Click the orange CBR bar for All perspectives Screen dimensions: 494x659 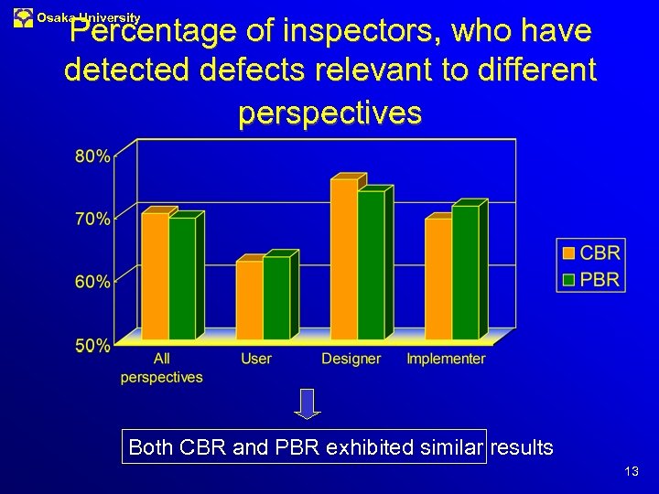155,276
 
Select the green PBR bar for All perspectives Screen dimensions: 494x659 182,278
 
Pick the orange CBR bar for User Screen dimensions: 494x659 249,300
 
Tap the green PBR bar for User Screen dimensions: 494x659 276,297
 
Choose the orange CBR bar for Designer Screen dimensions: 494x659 343,259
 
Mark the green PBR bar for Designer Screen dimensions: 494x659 371,265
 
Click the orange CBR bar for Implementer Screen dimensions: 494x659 438,278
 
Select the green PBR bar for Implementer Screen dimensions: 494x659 465,273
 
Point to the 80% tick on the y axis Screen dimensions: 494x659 92,156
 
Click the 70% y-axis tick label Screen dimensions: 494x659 92,219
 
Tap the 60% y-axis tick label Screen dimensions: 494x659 92,282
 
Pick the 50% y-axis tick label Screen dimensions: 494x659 92,345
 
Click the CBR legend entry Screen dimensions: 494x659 591,252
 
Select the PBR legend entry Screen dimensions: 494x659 591,279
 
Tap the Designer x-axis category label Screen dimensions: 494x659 351,359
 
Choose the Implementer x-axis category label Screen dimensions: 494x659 446,359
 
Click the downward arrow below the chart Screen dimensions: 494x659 308,403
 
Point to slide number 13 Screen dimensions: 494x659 631,471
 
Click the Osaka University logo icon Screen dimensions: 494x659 23,17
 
